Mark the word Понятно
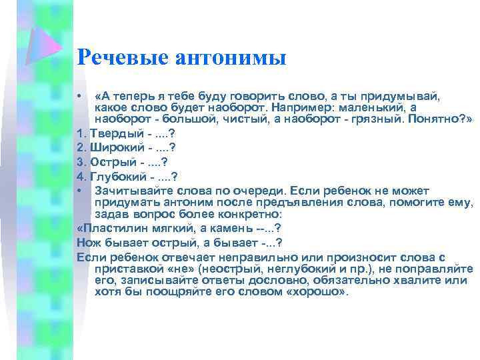(435, 120)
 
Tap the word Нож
(88, 242)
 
